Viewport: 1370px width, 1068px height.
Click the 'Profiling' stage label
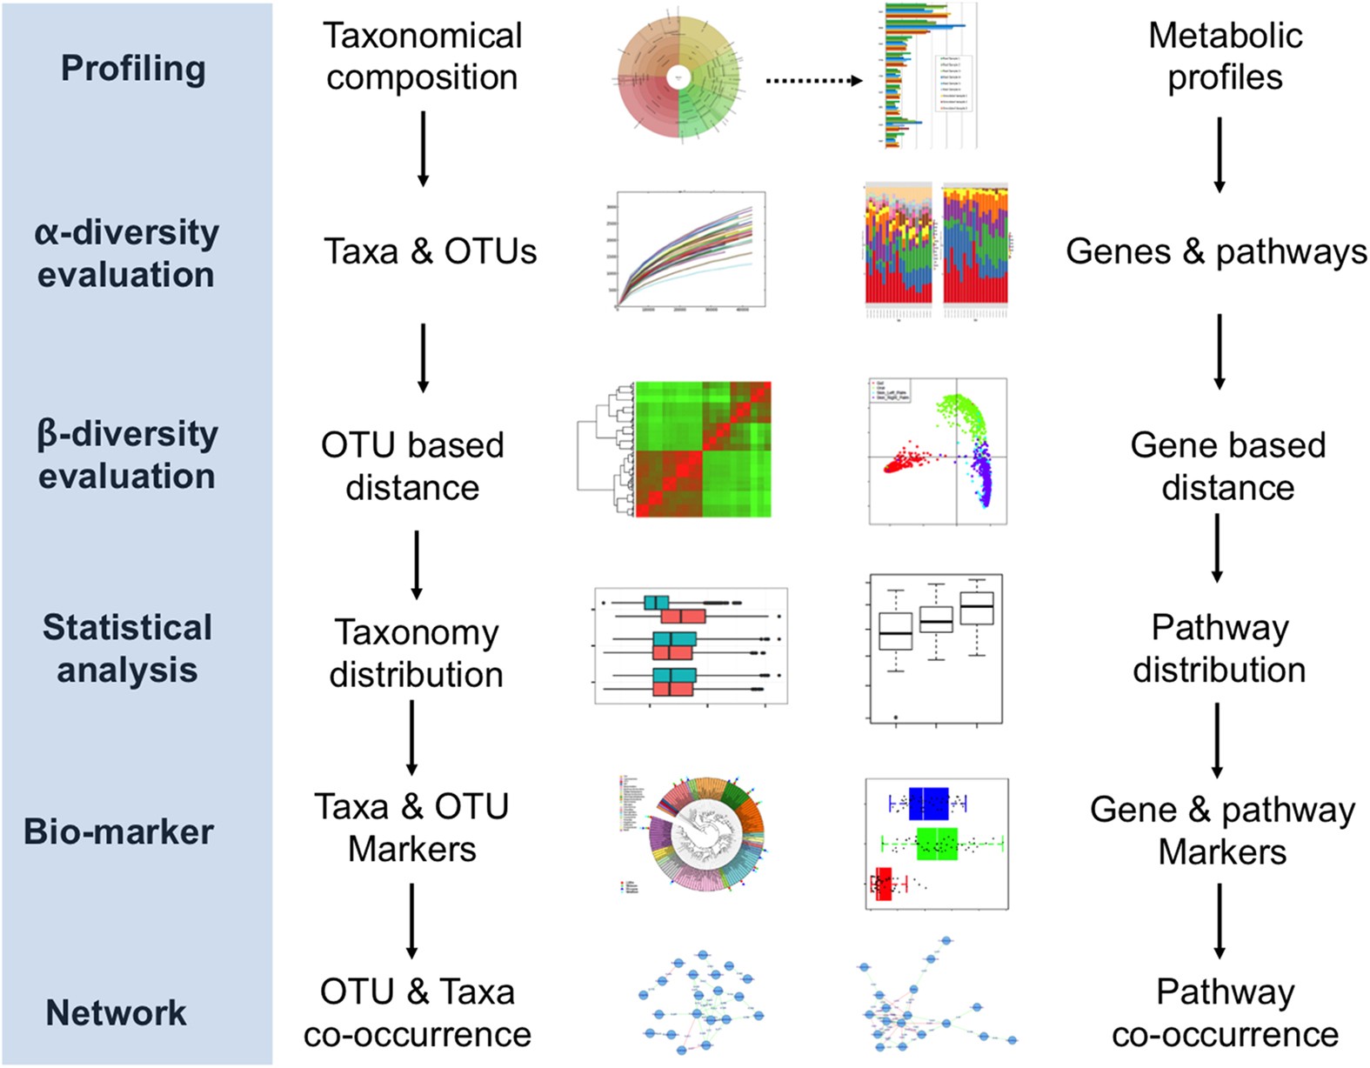tap(133, 69)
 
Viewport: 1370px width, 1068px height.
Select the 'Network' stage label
tap(116, 1012)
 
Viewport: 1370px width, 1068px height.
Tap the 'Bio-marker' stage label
tap(118, 831)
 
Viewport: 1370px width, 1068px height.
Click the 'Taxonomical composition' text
tap(422, 57)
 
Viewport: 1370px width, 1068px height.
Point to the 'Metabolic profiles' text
tap(1225, 57)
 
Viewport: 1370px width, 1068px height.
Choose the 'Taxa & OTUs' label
tap(431, 251)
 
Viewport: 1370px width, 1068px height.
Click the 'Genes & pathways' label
tap(1216, 251)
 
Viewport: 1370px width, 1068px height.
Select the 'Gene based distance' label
tap(1227, 466)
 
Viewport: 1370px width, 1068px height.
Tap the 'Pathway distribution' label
tap(1220, 649)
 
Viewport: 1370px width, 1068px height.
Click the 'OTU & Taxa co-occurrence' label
tap(418, 1013)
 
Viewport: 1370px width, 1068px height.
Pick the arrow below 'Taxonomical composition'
tap(423, 148)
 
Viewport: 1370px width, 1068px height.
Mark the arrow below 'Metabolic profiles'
tap(1220, 154)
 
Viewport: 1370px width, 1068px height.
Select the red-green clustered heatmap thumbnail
tap(703, 449)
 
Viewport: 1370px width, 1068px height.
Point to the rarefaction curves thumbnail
tap(691, 250)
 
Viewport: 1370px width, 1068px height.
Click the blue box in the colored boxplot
tap(928, 804)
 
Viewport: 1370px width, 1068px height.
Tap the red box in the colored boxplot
tap(884, 884)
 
